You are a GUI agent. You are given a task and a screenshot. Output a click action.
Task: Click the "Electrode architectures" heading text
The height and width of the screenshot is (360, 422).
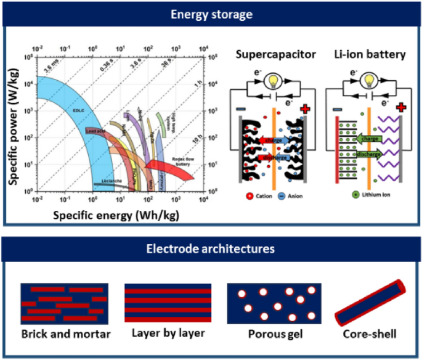click(x=210, y=249)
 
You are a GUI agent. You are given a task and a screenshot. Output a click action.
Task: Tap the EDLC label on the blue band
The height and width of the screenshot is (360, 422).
click(x=78, y=111)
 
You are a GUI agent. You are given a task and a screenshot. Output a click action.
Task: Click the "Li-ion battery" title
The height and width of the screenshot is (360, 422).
click(x=370, y=54)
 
